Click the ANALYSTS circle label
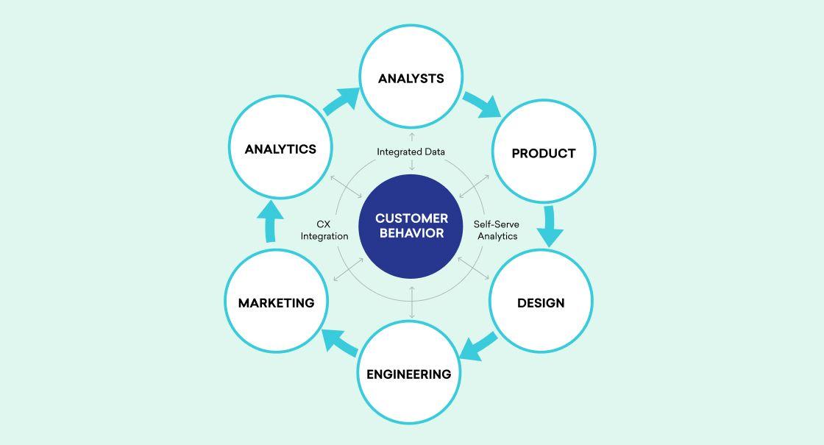tap(411, 79)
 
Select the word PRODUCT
tap(543, 154)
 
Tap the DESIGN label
tap(541, 303)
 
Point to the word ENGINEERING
tap(408, 374)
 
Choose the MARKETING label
tap(276, 303)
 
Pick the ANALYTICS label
tap(280, 149)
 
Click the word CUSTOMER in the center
tap(411, 218)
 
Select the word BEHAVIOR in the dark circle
tap(411, 233)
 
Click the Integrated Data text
tap(411, 152)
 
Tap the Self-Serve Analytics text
tap(497, 230)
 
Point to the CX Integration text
tap(324, 230)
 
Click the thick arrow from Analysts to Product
tap(482, 104)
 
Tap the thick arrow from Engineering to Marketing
tap(339, 341)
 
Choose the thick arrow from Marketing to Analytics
tap(270, 221)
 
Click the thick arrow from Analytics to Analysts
tap(341, 102)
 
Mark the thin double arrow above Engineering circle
tap(411, 302)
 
